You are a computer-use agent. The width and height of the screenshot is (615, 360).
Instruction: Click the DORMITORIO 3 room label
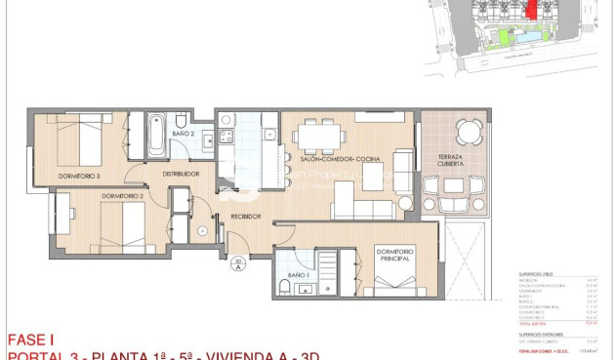click(x=79, y=176)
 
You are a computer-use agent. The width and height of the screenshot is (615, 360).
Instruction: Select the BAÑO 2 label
click(x=184, y=133)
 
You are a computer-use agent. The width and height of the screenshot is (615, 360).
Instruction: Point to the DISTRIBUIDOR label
click(x=182, y=174)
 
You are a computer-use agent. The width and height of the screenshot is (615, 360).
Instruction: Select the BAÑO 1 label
click(x=298, y=276)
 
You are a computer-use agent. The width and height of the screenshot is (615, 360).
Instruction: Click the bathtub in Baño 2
click(x=156, y=136)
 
